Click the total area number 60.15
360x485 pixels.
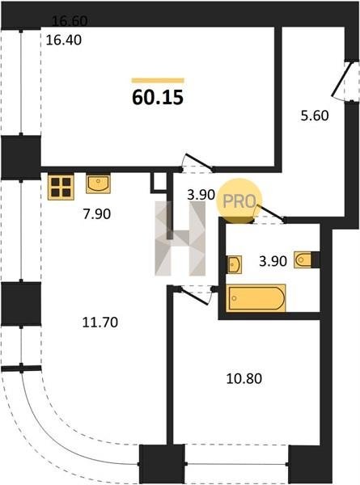click(x=158, y=98)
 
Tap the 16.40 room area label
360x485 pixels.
click(x=64, y=40)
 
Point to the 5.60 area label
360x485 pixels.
click(x=315, y=116)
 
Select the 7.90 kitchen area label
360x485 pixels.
click(x=96, y=214)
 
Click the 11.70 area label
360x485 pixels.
click(x=100, y=323)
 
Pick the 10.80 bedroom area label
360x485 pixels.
click(x=244, y=378)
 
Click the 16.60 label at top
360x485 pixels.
click(x=70, y=21)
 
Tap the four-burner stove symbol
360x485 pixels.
click(x=61, y=188)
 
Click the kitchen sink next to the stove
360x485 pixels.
click(x=98, y=184)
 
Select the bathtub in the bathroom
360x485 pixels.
click(x=256, y=297)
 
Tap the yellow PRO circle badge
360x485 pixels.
click(x=239, y=200)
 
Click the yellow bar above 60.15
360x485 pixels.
click(x=158, y=81)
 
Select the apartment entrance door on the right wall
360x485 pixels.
click(x=341, y=80)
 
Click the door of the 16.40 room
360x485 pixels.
click(x=198, y=162)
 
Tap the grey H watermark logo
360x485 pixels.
click(x=180, y=238)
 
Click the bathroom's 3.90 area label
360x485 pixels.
click(x=273, y=261)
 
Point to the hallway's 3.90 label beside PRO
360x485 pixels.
click(x=201, y=195)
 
